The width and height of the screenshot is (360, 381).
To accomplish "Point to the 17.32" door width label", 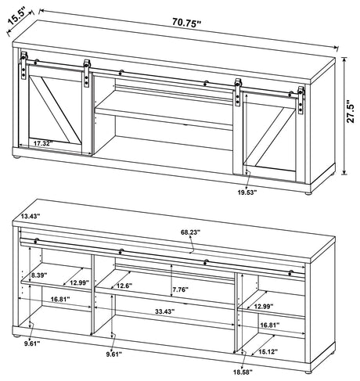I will click(46, 144).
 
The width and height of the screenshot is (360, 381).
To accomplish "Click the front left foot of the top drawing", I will click(17, 160).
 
